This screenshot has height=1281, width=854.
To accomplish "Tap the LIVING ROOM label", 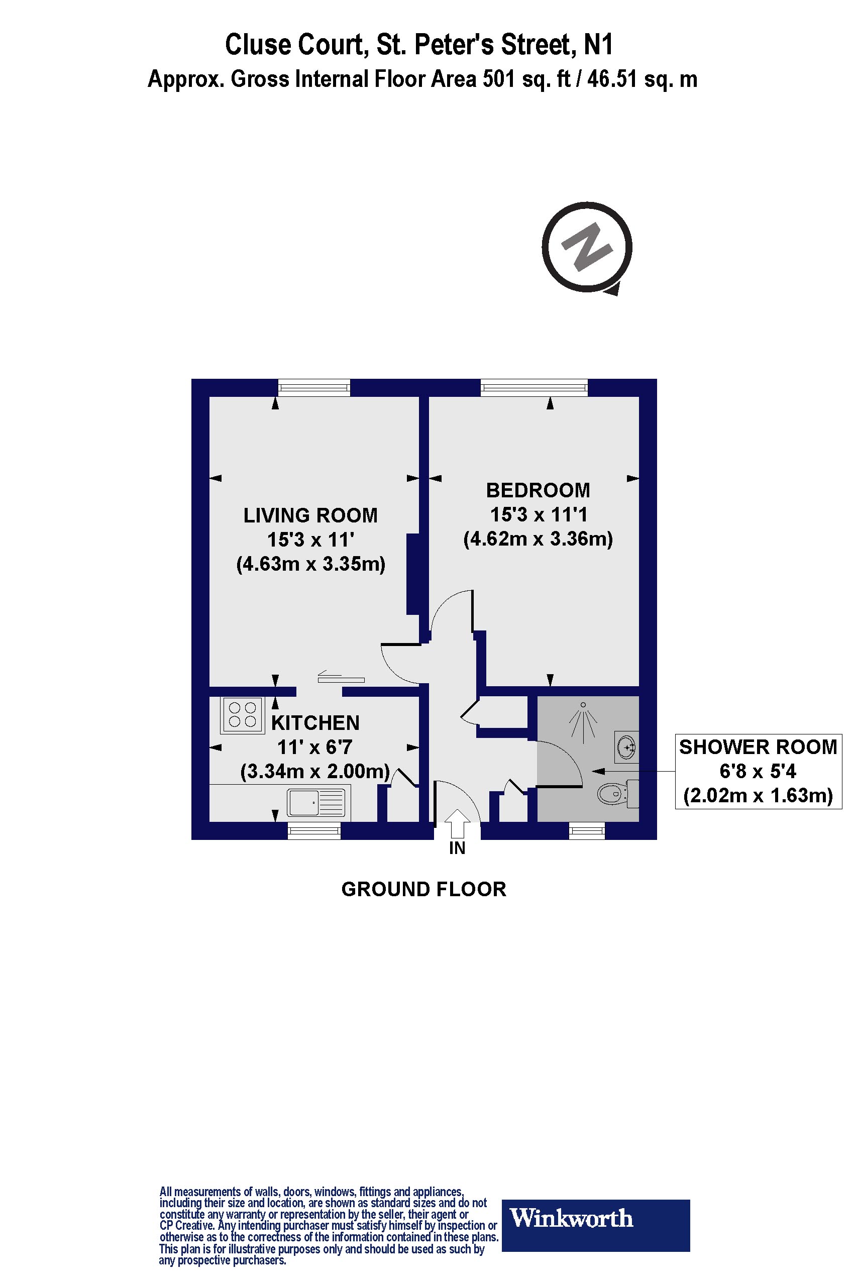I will click(310, 515).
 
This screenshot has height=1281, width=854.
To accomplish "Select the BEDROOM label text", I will click(538, 490).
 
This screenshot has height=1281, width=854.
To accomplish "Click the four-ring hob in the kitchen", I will click(242, 714).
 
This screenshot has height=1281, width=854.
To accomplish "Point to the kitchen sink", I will click(316, 802).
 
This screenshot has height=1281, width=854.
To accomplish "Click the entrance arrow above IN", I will click(458, 823).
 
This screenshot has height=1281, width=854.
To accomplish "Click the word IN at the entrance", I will click(457, 848).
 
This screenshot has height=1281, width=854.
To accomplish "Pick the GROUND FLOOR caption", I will click(423, 889).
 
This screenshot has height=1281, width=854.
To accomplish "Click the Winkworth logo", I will click(595, 1218).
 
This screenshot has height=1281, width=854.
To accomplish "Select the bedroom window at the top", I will click(535, 388).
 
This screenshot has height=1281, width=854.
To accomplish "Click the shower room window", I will click(587, 830).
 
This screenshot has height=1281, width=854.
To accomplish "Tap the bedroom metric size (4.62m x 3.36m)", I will click(538, 539).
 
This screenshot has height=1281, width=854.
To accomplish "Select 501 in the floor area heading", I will click(498, 79).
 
